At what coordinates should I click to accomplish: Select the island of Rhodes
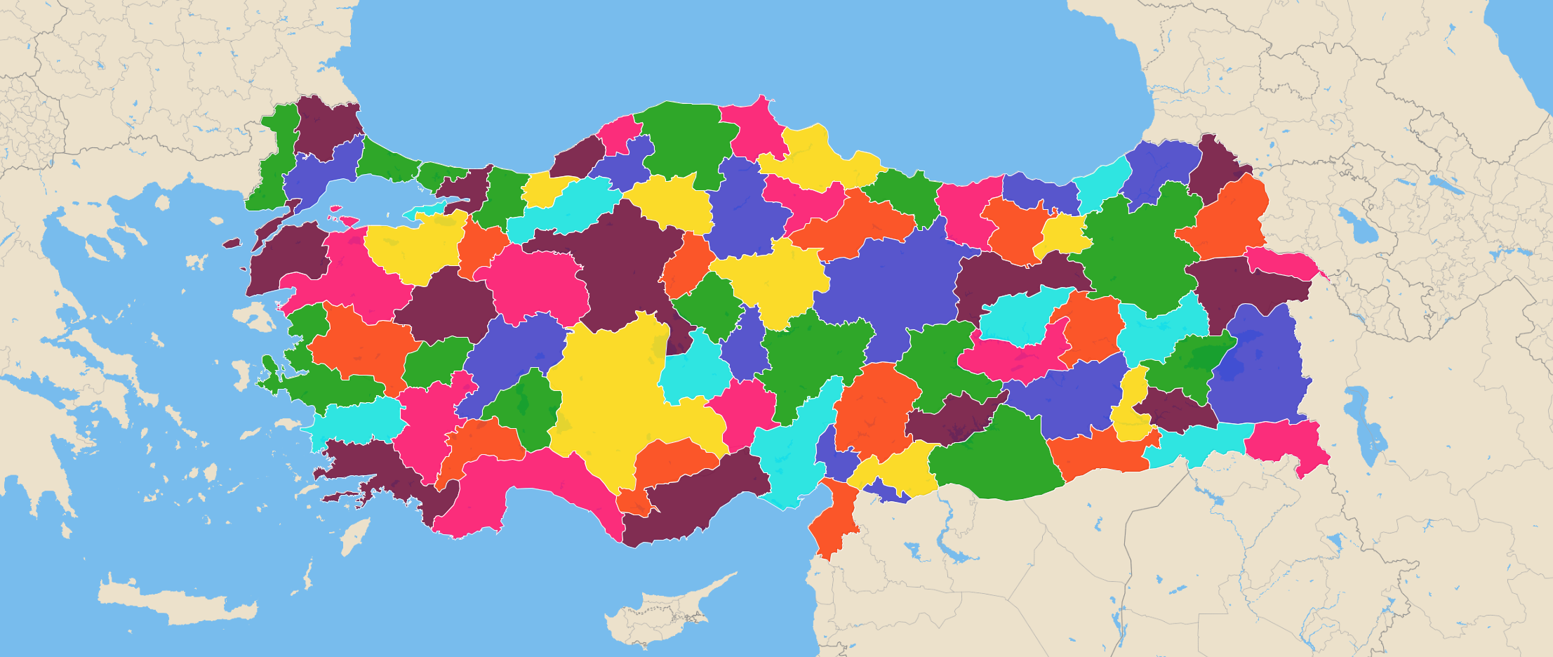point(354,537)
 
